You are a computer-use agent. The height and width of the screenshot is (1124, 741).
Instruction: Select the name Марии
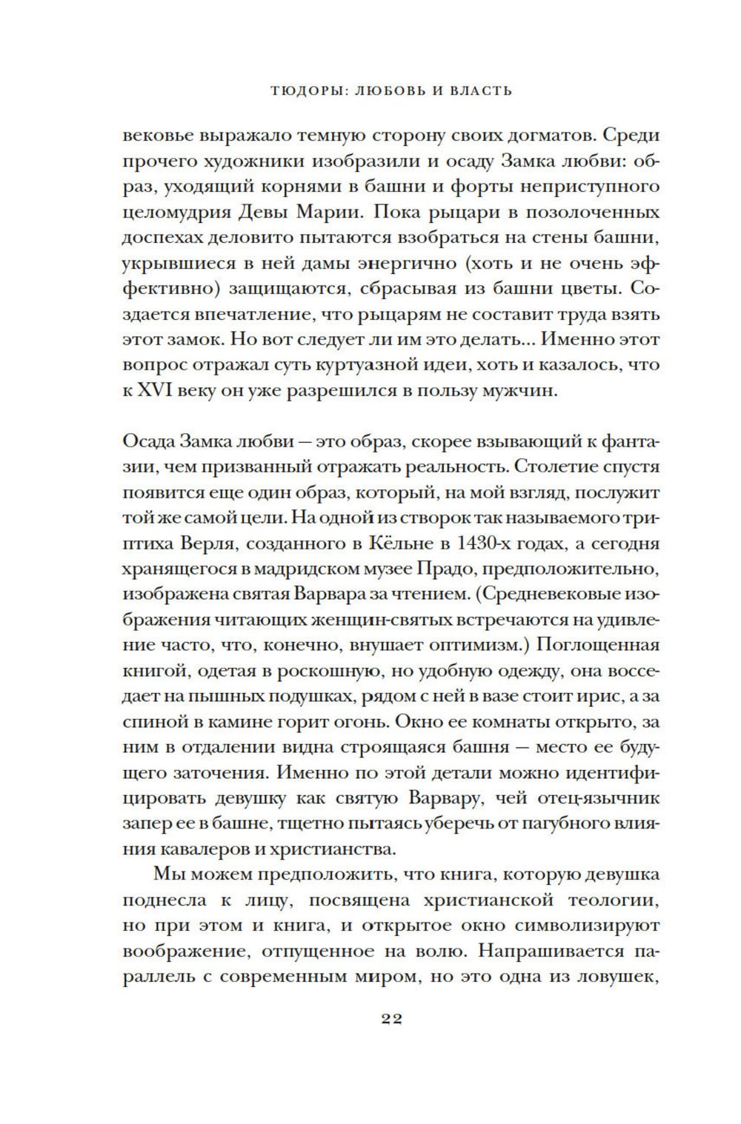tap(333, 213)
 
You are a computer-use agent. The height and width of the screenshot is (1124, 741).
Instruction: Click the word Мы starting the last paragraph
tap(167, 874)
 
